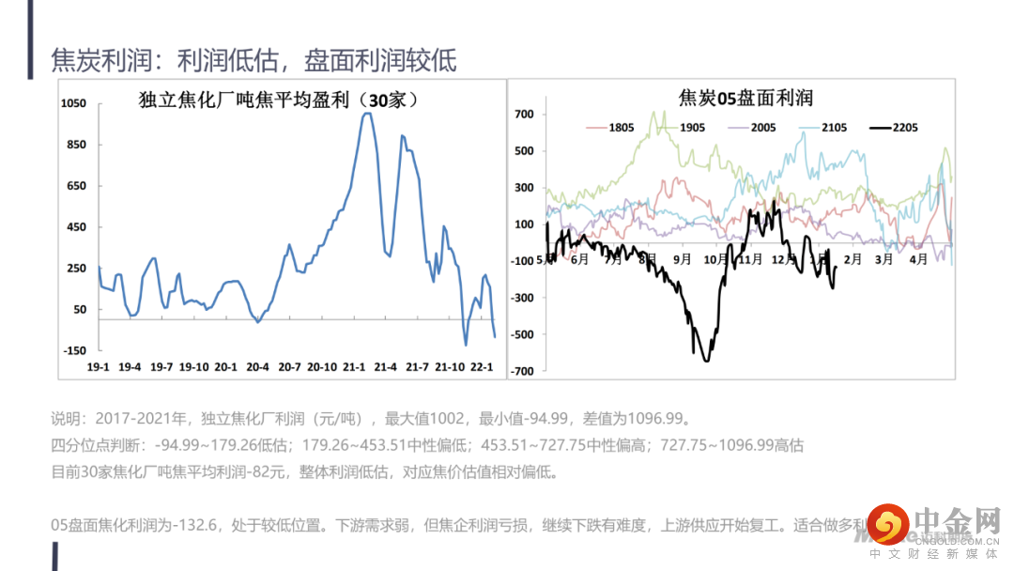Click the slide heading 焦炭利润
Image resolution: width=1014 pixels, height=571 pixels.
click(x=98, y=61)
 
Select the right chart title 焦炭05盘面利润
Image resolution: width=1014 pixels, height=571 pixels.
click(x=745, y=98)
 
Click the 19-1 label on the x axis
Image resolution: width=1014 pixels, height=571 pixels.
click(x=99, y=366)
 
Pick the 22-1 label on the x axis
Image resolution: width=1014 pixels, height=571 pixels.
click(x=481, y=366)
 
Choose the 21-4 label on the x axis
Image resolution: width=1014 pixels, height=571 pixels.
click(x=386, y=366)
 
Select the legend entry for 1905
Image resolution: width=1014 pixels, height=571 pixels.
click(x=692, y=128)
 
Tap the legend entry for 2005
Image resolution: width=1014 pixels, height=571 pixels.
click(x=763, y=128)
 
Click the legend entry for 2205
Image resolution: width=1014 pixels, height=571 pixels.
click(x=906, y=128)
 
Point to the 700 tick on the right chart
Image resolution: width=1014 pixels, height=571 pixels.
click(x=524, y=115)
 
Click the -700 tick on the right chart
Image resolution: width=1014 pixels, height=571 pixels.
click(x=522, y=371)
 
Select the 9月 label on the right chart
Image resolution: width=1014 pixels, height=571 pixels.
click(x=683, y=259)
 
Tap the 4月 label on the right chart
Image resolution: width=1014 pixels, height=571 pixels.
click(x=917, y=259)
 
